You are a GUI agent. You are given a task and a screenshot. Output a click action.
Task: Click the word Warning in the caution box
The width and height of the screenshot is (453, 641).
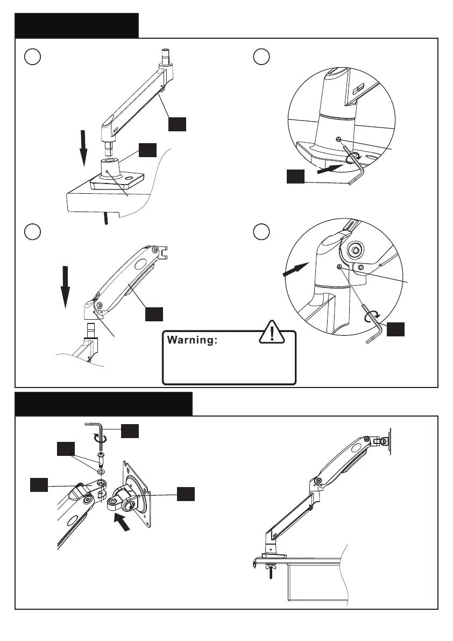point(192,340)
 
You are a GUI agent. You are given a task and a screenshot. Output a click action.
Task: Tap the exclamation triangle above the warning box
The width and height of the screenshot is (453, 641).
point(273,333)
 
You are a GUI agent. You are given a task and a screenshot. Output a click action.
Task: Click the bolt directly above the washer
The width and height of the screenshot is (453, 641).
point(101,459)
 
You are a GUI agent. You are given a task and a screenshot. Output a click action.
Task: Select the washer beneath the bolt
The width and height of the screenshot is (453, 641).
point(101,471)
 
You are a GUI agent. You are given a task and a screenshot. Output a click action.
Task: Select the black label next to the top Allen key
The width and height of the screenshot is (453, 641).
point(130,432)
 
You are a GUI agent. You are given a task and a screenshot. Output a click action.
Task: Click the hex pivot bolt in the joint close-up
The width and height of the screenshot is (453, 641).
point(355,250)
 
